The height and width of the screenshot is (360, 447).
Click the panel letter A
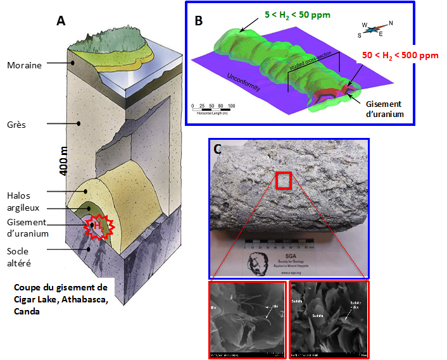click(61, 20)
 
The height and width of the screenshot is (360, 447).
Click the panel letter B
click(198, 20)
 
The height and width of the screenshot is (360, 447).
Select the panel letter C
click(217, 151)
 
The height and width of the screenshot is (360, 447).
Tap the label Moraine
click(25, 65)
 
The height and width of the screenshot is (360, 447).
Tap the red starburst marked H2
click(98, 226)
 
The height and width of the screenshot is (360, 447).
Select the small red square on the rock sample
click(284, 180)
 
